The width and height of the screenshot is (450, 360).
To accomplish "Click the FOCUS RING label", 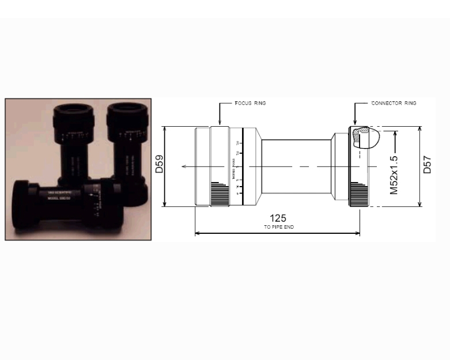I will [249, 103].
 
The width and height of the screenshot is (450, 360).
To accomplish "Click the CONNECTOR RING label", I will [393, 103].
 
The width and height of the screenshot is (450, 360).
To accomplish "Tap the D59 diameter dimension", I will [159, 166].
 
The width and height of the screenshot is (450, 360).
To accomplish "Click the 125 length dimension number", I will [278, 218].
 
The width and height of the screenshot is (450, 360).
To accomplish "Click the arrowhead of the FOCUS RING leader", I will [220, 123].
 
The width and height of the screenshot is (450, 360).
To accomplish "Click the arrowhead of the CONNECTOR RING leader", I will [355, 123].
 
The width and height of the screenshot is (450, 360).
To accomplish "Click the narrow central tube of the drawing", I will [297, 167].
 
